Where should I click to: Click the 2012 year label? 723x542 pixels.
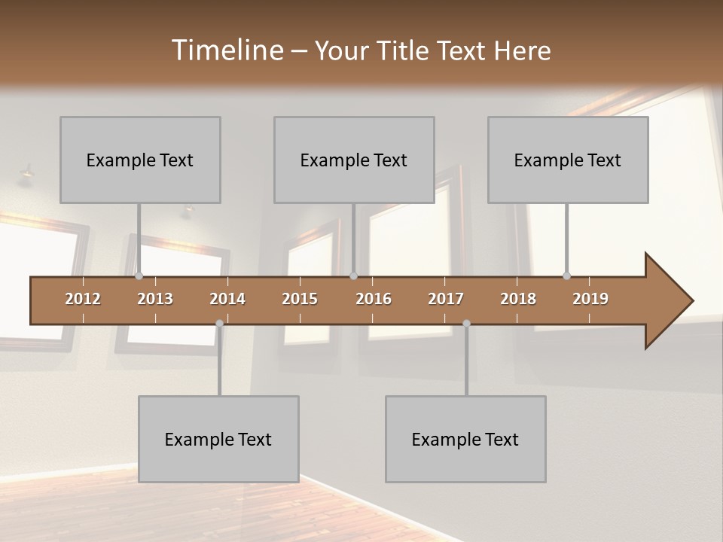pyautogui.click(x=83, y=299)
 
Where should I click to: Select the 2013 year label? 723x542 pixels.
pyautogui.click(x=155, y=299)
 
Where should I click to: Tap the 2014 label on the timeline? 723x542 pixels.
pyautogui.click(x=227, y=299)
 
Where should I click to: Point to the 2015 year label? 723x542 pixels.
pyautogui.click(x=300, y=299)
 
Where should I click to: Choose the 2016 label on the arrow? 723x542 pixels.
pyautogui.click(x=374, y=299)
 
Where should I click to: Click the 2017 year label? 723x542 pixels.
pyautogui.click(x=446, y=299)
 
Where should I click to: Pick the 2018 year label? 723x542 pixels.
pyautogui.click(x=518, y=299)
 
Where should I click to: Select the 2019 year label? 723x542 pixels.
pyautogui.click(x=590, y=299)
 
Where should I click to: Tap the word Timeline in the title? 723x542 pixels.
pyautogui.click(x=227, y=50)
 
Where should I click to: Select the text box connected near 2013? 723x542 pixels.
pyautogui.click(x=140, y=160)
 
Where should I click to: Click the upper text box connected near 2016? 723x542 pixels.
pyautogui.click(x=354, y=160)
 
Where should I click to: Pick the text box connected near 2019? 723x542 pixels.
pyautogui.click(x=568, y=160)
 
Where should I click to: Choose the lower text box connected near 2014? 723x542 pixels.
pyautogui.click(x=218, y=439)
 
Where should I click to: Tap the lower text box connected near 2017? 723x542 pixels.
pyautogui.click(x=465, y=439)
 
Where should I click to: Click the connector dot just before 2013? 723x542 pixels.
pyautogui.click(x=139, y=276)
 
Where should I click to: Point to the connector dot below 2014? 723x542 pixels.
pyautogui.click(x=219, y=323)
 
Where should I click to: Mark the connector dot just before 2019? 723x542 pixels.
pyautogui.click(x=566, y=276)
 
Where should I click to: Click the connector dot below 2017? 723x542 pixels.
pyautogui.click(x=466, y=323)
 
